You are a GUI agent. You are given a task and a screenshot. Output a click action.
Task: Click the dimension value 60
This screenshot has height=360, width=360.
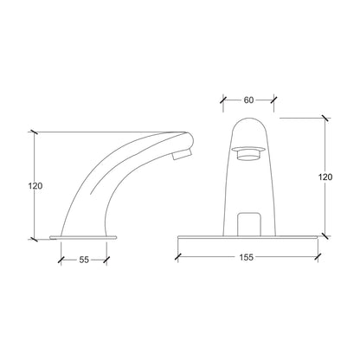click(248, 100)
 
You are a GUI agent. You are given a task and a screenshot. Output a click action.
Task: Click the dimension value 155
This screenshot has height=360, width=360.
click(246, 257)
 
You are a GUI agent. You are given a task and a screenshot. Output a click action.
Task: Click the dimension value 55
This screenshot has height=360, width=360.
click(84, 260)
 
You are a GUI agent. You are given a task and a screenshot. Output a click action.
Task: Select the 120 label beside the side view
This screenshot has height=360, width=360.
click(35, 186)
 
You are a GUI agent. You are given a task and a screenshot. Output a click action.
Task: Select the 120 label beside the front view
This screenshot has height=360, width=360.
click(325, 177)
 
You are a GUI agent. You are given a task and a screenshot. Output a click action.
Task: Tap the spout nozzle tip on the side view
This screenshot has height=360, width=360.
click(182, 154)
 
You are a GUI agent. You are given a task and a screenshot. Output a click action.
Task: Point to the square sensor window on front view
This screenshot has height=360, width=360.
click(249, 224)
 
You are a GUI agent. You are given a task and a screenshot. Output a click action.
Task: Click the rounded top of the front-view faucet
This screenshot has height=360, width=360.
click(249, 118)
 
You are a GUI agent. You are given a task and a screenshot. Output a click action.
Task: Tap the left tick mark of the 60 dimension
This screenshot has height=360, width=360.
click(223, 100)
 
